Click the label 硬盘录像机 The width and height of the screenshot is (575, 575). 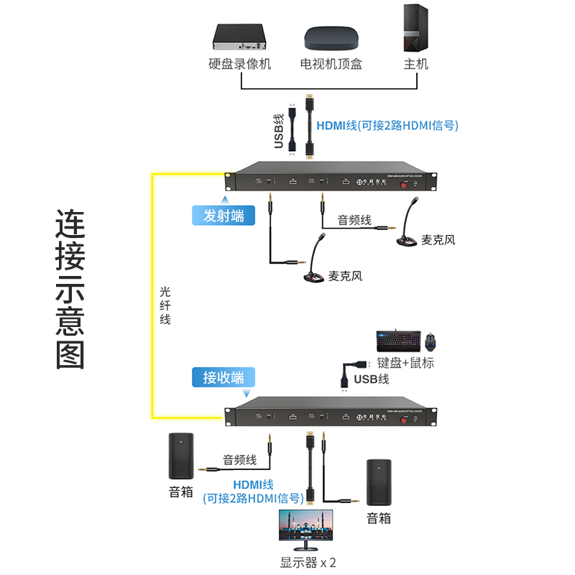[240, 64]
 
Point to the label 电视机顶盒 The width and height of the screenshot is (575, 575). [331, 64]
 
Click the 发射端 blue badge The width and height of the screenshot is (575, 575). [224, 216]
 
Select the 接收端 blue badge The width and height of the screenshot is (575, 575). [224, 378]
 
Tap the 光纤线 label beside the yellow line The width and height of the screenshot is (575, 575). [165, 305]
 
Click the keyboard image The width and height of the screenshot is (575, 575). [396, 340]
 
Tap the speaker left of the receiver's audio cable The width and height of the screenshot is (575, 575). [181, 456]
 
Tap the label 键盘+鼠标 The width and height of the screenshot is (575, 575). [406, 363]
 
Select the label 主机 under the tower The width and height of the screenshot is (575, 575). [415, 64]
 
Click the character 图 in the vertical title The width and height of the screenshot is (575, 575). [70, 353]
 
